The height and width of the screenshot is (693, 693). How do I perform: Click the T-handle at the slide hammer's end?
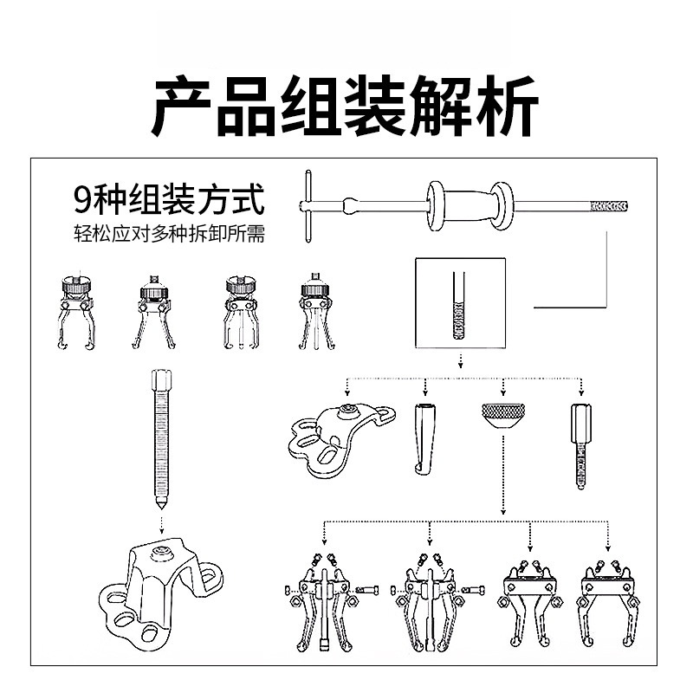pyautogui.click(x=308, y=206)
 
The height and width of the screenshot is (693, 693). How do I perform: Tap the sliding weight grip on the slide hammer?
pyautogui.click(x=470, y=206)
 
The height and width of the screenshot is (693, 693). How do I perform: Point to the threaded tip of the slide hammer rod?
pyautogui.click(x=609, y=206)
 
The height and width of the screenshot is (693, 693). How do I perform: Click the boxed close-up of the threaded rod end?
pyautogui.click(x=460, y=303)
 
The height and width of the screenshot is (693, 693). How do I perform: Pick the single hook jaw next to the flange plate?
pyautogui.click(x=424, y=439)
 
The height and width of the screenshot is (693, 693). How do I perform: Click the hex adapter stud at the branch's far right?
pyautogui.click(x=581, y=446)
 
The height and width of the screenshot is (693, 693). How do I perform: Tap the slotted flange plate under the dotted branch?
pyautogui.click(x=341, y=439)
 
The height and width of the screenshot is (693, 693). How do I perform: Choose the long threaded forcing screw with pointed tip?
pyautogui.click(x=161, y=440)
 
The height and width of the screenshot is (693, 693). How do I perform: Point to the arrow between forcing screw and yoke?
pyautogui.click(x=161, y=524)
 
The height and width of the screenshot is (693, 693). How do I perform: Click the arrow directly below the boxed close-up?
pyautogui.click(x=461, y=360)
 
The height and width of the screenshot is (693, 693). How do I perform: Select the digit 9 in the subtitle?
pyautogui.click(x=82, y=200)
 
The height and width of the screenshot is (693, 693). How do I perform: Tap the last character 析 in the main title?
pyautogui.click(x=507, y=106)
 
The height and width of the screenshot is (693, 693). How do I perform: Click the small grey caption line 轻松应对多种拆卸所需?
pyautogui.click(x=169, y=233)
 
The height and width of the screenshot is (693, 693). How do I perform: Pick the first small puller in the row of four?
pyautogui.click(x=76, y=312)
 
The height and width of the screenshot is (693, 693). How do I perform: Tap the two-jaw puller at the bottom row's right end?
pyautogui.click(x=608, y=604)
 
